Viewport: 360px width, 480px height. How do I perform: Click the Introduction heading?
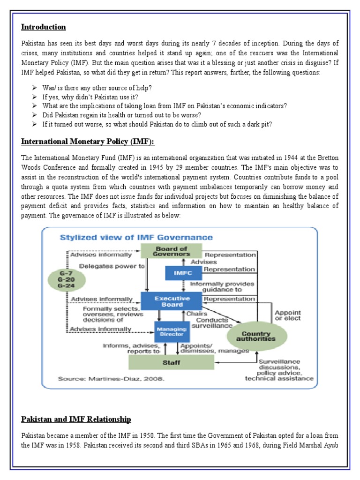coord(44,27)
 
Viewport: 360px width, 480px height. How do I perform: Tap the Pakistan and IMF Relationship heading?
coord(76,419)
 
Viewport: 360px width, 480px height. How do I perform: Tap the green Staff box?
coord(172,362)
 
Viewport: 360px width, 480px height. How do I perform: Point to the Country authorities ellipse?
coord(256,335)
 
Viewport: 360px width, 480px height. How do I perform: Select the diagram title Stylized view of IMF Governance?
coord(136,238)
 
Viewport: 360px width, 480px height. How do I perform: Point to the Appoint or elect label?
coord(288,315)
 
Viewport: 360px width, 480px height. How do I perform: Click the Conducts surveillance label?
coord(215,322)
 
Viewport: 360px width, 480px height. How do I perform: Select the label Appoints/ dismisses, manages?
coord(208,347)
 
